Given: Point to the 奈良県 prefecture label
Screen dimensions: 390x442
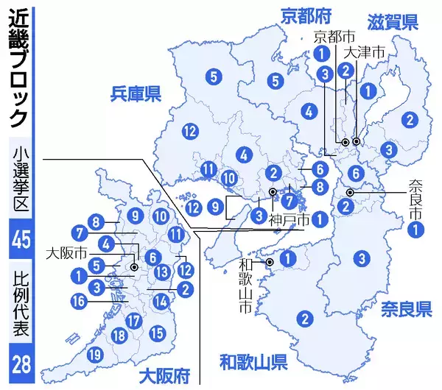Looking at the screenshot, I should (406, 308).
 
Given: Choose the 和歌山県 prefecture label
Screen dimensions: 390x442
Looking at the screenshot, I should (253, 361).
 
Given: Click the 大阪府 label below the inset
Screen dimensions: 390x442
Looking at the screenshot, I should (166, 372).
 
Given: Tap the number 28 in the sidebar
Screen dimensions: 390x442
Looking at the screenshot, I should (20, 363).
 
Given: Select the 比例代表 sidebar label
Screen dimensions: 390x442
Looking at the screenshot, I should (20, 305).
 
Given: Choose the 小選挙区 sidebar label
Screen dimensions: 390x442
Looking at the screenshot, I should (20, 180).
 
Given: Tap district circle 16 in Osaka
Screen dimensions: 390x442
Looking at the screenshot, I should (79, 299).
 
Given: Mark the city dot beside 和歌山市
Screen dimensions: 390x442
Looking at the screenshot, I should (270, 262).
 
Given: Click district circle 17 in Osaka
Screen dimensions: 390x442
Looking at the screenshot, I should (133, 321).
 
